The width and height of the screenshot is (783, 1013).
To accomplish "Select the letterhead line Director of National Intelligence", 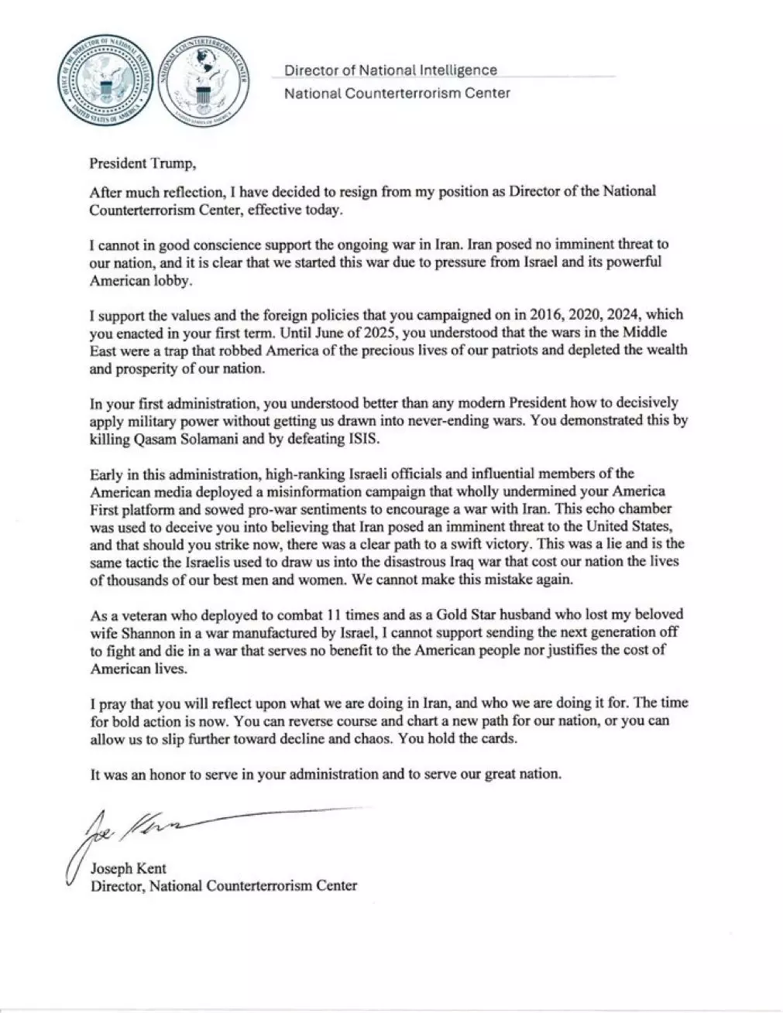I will [390, 70].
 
